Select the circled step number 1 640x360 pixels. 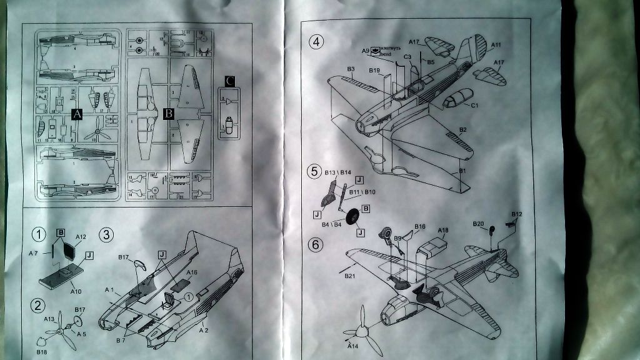point(39,234)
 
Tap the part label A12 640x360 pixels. point(81,237)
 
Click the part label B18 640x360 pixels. point(41,352)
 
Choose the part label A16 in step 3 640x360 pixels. point(191,272)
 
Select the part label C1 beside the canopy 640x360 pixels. point(474,105)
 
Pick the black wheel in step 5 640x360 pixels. point(352,217)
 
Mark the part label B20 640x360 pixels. point(478,224)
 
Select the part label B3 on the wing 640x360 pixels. point(351,69)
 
